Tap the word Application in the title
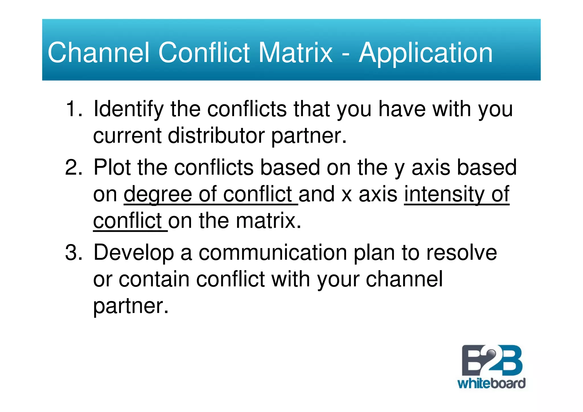click(426, 53)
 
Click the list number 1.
click(73, 109)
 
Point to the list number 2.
click(73, 167)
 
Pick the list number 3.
click(73, 253)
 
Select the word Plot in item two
click(112, 167)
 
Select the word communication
click(273, 253)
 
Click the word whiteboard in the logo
click(491, 383)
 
